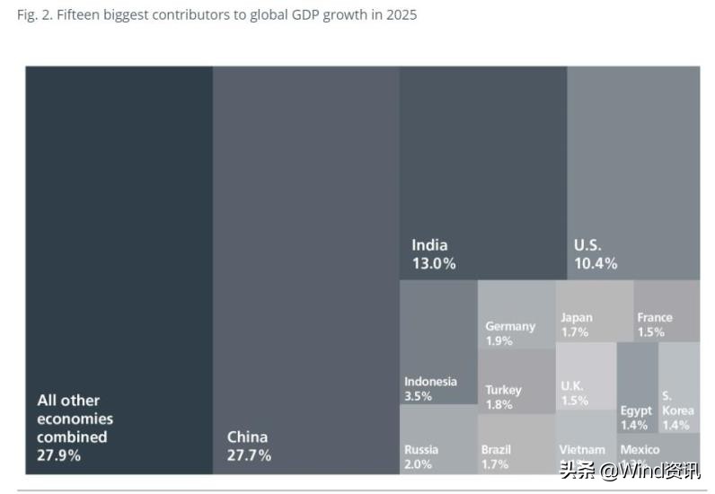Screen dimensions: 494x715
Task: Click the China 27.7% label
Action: pos(249,445)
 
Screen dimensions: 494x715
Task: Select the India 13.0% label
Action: pos(433,254)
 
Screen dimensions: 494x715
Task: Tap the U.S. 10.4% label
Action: pos(595,254)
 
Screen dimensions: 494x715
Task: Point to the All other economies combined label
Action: pos(75,428)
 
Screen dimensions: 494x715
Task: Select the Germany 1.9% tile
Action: pos(516,314)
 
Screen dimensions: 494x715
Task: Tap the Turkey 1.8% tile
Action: pos(516,382)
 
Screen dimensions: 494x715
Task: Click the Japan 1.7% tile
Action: pos(594,311)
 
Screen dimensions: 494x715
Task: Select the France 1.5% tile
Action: pos(666,311)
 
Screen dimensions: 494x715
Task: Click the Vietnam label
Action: pos(582,449)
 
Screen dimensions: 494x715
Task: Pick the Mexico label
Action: pos(640,449)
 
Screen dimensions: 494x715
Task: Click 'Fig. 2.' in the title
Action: pos(34,15)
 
